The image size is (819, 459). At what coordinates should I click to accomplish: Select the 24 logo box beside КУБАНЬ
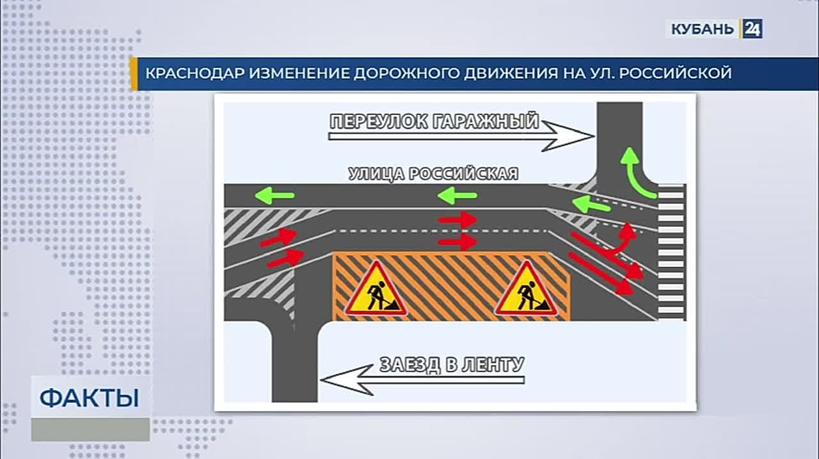pyautogui.click(x=752, y=29)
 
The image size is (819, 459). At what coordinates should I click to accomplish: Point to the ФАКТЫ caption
pyautogui.click(x=89, y=398)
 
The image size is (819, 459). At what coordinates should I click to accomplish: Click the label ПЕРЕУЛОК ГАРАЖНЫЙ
pyautogui.click(x=434, y=122)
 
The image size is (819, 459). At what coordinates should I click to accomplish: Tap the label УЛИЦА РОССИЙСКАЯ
pyautogui.click(x=433, y=174)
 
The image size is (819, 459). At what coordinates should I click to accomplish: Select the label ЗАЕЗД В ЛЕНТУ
pyautogui.click(x=452, y=364)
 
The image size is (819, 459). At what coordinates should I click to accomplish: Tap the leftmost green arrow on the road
pyautogui.click(x=274, y=194)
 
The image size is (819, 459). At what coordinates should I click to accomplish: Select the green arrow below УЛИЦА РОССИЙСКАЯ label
pyautogui.click(x=457, y=194)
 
